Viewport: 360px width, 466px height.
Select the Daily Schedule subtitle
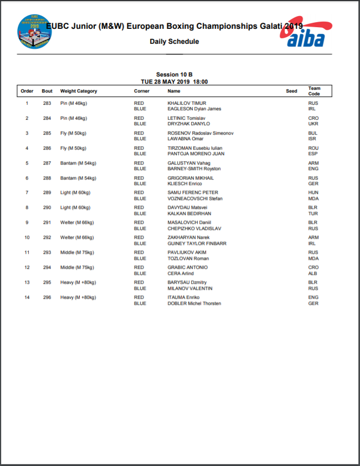[x=174, y=42]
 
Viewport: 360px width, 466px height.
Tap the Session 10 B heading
[x=174, y=74]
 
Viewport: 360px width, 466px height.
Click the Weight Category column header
[x=79, y=91]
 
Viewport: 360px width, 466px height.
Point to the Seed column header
[x=291, y=91]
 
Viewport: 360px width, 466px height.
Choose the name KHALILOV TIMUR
[x=187, y=103]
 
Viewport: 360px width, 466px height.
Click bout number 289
[x=47, y=193]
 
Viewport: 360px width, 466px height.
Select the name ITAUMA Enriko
[x=184, y=298]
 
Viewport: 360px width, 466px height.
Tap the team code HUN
[x=313, y=193]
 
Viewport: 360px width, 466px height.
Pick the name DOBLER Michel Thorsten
[x=194, y=304]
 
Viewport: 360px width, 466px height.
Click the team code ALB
[x=313, y=273]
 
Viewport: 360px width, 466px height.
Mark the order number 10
[x=27, y=238]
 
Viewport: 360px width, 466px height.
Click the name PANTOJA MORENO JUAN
[x=196, y=153]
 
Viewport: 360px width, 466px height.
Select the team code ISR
[x=313, y=139]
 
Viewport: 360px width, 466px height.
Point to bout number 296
[x=47, y=298]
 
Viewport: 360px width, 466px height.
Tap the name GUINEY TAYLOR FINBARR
[x=197, y=243]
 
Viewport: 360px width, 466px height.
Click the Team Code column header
[x=314, y=91]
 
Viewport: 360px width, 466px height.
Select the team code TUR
[x=313, y=213]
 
